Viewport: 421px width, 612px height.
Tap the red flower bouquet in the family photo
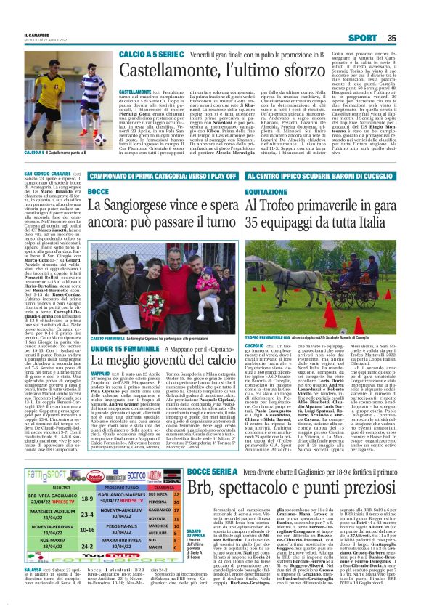[154, 302]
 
